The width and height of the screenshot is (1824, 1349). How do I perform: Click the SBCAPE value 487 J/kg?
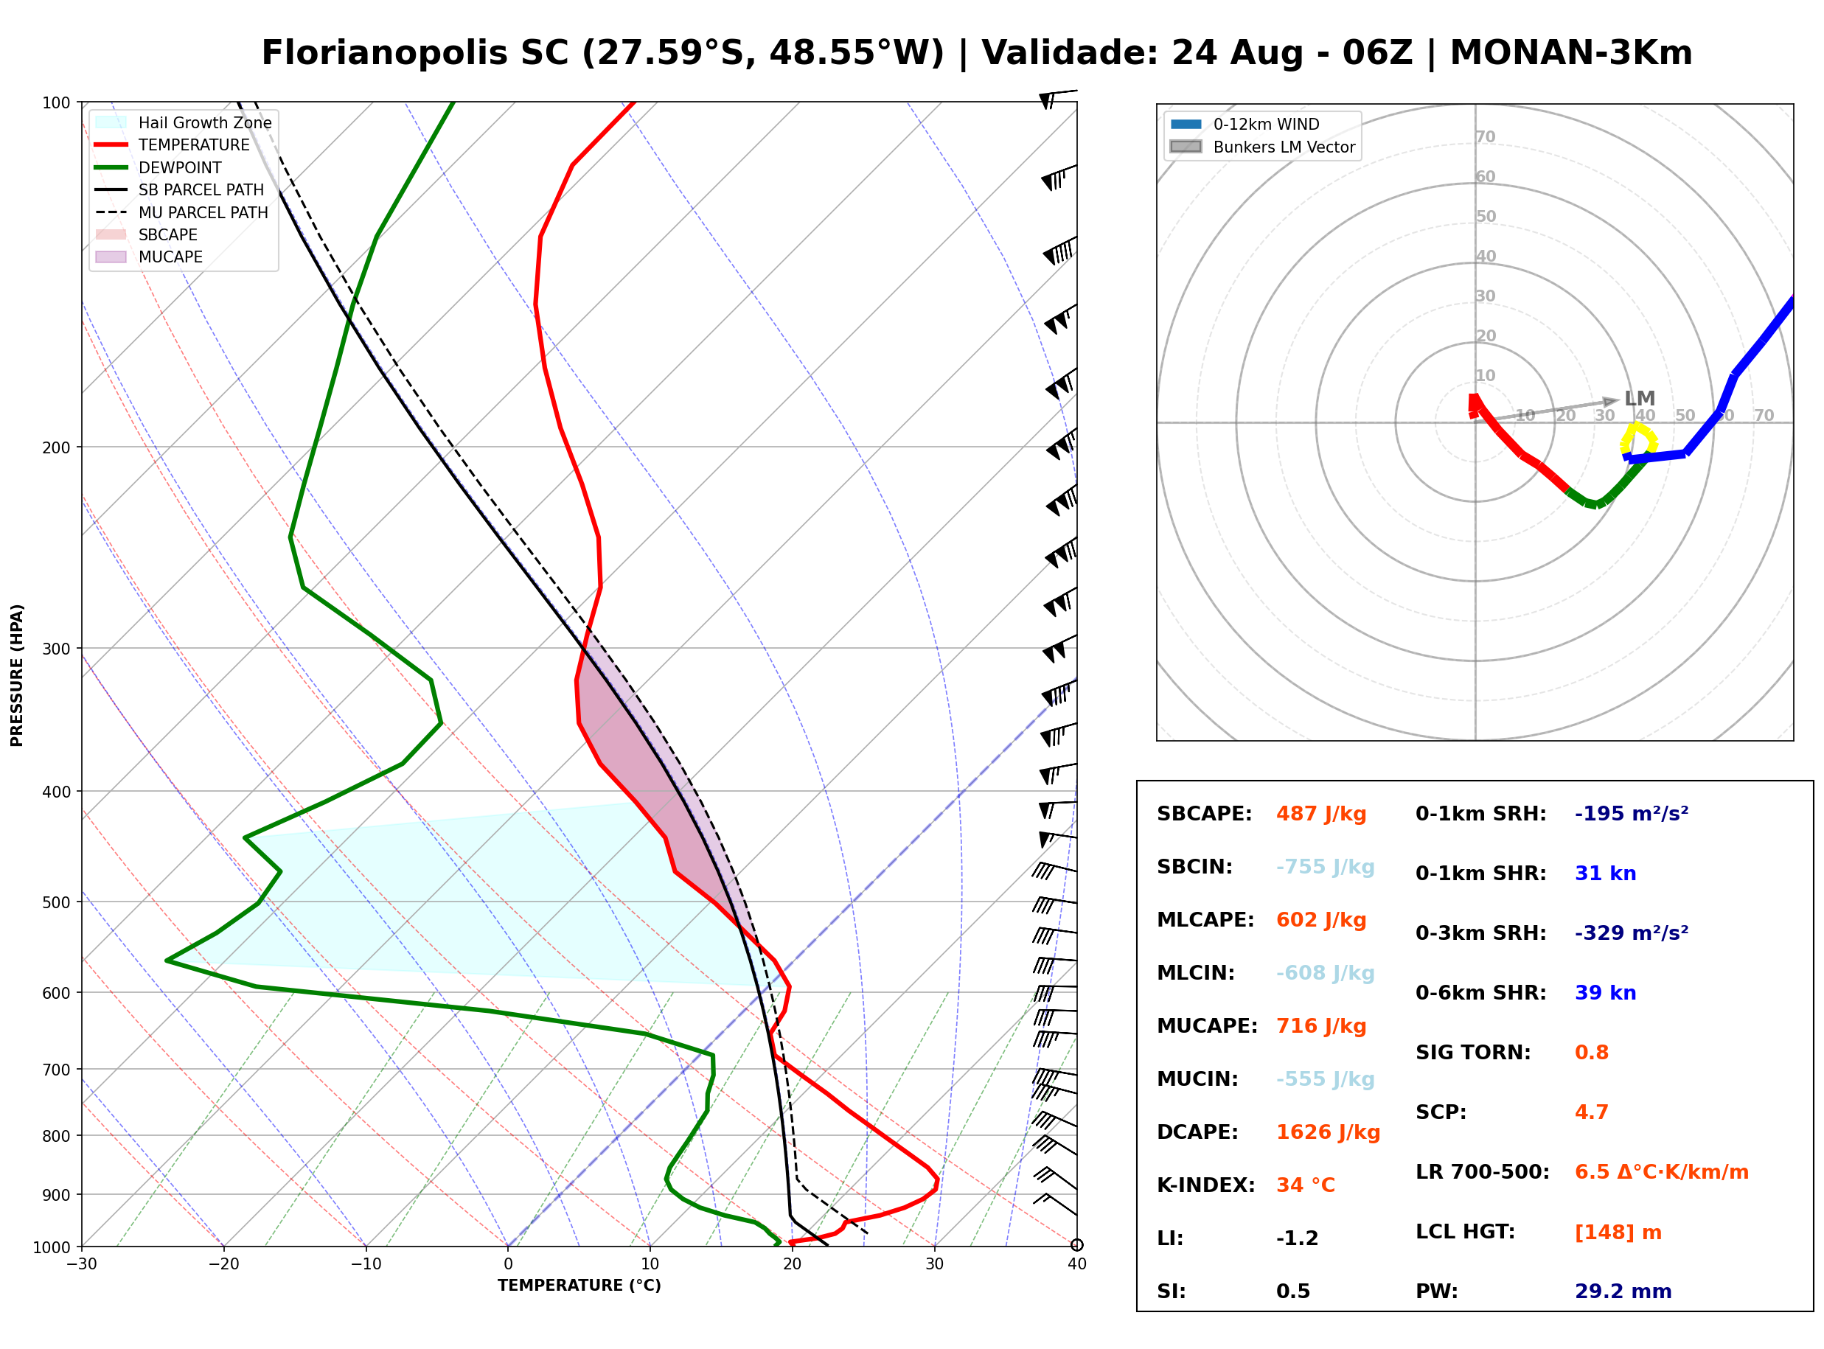coord(1321,814)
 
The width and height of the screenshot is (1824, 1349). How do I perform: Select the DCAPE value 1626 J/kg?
coord(1328,1132)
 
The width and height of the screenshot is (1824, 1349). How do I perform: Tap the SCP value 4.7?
coord(1591,1112)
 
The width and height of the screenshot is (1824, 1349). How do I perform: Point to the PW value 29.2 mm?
coord(1623,1291)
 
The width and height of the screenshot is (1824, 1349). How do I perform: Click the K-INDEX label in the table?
coord(1206,1185)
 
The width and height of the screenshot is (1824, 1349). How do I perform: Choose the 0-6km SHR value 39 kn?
coord(1605,993)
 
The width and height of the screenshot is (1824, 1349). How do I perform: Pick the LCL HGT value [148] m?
coord(1618,1233)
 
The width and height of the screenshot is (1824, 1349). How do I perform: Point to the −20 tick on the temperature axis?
coord(223,1264)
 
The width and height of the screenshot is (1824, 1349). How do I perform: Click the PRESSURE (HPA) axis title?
coord(17,675)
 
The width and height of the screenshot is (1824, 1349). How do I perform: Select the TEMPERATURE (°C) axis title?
coord(579,1286)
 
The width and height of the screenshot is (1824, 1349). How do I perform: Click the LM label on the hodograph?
coord(1640,399)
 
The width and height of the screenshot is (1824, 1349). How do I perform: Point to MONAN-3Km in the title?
coord(1571,53)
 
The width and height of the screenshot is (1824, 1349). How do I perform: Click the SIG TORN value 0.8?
coord(1591,1053)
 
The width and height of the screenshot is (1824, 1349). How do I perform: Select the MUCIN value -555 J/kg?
coord(1325,1079)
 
